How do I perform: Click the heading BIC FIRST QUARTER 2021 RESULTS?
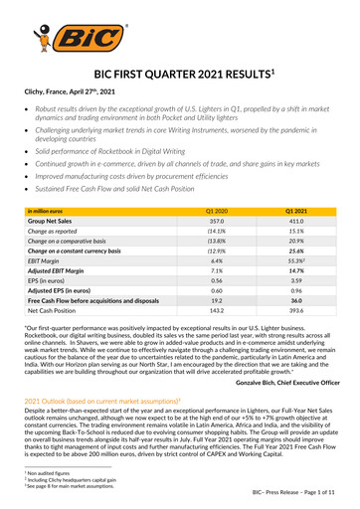click(179, 75)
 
